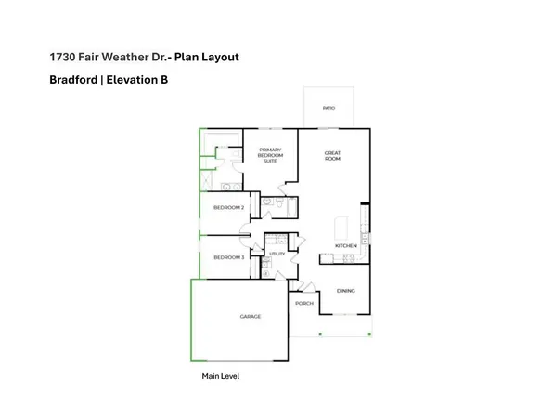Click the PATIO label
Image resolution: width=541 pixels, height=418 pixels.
point(328,108)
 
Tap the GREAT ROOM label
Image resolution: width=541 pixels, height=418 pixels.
point(332,156)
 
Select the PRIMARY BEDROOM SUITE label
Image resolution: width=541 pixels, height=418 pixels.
point(270,155)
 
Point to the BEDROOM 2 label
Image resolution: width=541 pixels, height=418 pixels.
point(228,208)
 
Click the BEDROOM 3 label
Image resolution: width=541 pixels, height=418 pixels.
point(228,257)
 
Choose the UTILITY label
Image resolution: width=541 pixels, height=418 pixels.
point(277,253)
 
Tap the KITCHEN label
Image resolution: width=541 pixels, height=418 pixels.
point(345,246)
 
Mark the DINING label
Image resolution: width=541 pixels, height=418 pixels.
point(345,291)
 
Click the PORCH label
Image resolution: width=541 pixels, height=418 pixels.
point(303,304)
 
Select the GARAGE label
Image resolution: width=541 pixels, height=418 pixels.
point(250,316)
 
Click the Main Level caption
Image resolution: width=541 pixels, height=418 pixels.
point(221,376)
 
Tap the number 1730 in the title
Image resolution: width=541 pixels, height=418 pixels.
point(62,57)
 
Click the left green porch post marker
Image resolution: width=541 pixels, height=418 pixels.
point(320,333)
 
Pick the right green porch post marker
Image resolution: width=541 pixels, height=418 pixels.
point(369,333)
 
